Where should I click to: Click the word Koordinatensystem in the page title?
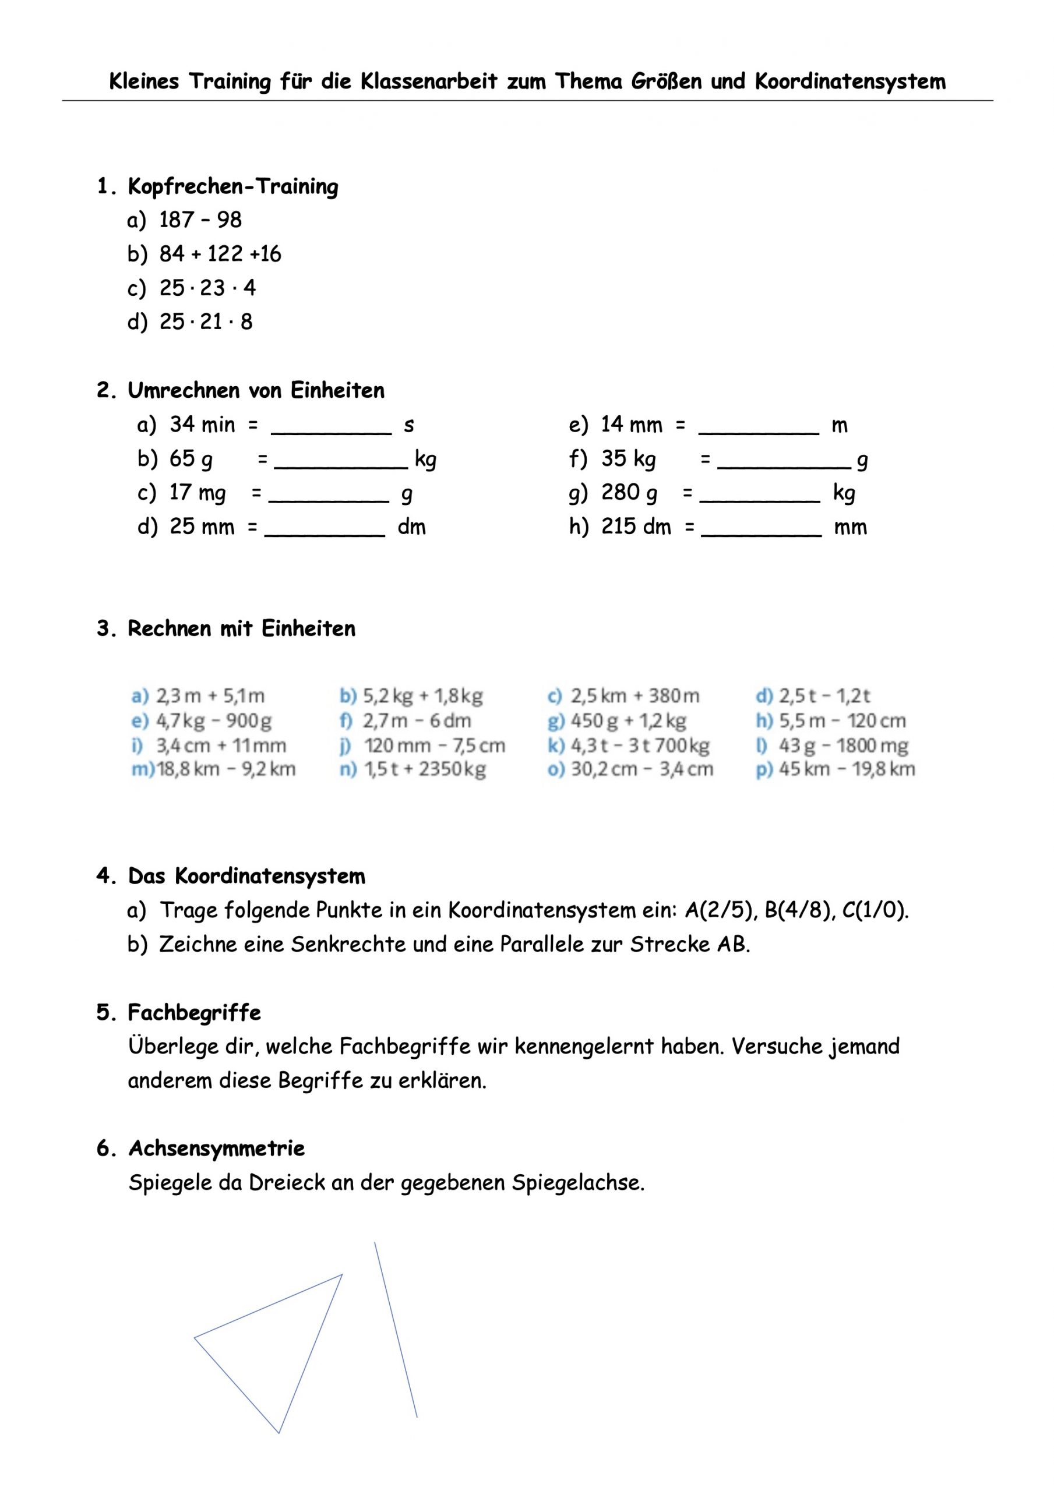850,82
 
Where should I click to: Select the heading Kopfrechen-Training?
232,187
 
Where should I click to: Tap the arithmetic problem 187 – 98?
200,220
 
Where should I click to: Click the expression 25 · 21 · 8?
206,321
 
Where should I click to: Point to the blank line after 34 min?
332,429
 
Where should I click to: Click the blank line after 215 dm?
762,531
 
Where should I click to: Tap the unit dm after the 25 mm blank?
411,527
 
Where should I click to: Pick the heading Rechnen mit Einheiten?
241,628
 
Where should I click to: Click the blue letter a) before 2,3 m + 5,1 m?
140,696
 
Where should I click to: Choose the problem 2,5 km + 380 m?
635,696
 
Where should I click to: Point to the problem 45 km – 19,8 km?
847,769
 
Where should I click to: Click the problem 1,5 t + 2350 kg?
425,769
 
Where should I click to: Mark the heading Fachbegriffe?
194,1012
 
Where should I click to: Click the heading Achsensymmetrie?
216,1148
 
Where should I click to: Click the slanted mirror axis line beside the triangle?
395,1329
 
